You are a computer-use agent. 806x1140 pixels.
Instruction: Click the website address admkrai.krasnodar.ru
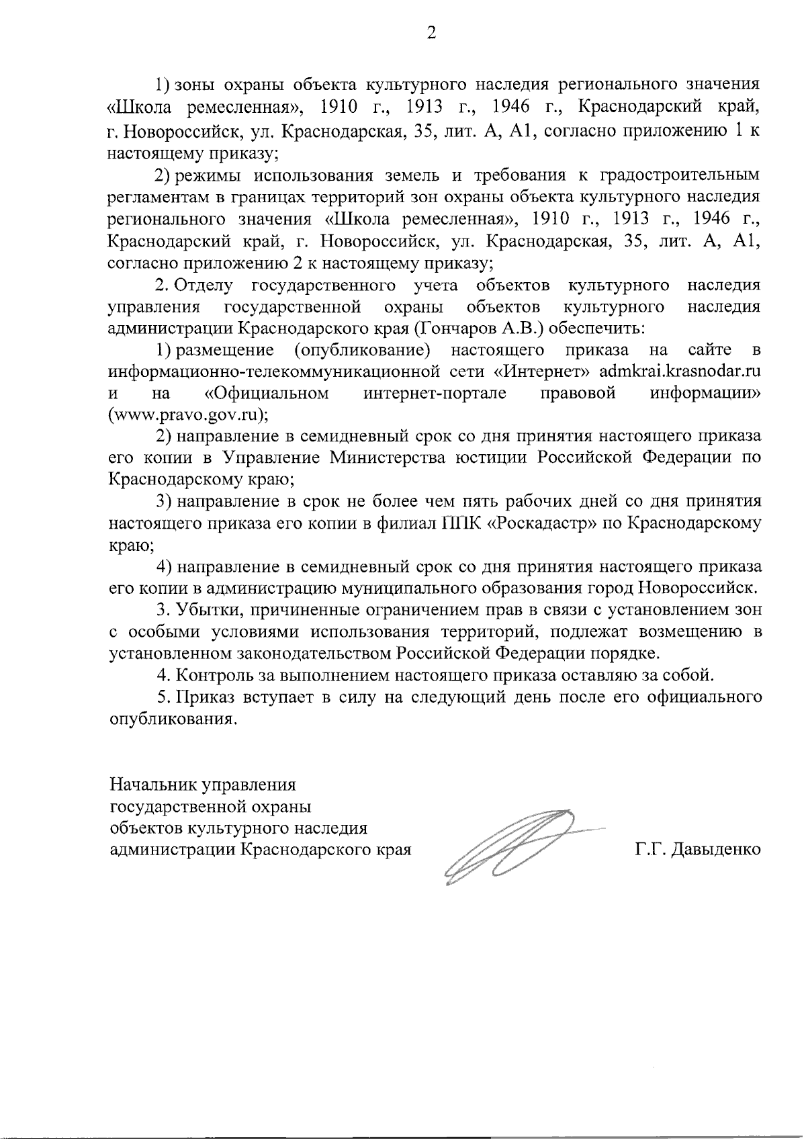(x=680, y=371)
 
